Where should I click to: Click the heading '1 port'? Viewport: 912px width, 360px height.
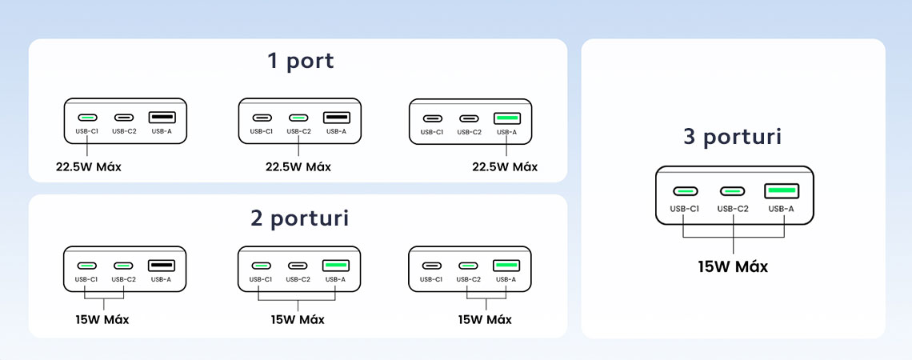tap(301, 61)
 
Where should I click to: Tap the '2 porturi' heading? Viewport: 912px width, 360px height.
tap(299, 218)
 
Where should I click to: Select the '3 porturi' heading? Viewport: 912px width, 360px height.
tap(732, 137)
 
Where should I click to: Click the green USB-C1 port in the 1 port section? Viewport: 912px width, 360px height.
tap(87, 118)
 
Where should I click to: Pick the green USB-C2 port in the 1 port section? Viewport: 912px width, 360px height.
tap(298, 118)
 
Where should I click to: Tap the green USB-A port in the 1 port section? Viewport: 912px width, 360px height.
tap(506, 118)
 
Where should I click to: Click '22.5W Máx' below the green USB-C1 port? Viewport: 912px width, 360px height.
tap(89, 167)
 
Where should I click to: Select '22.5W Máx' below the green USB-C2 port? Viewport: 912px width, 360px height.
tap(298, 167)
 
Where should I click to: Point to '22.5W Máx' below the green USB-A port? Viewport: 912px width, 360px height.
tap(505, 167)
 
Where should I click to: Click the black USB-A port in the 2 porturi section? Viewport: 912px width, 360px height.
tap(161, 266)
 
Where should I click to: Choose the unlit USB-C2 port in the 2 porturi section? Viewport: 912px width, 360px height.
tap(298, 266)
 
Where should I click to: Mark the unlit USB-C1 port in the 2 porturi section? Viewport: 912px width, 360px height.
tap(431, 266)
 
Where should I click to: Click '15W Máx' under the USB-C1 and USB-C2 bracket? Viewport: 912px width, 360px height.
tap(102, 320)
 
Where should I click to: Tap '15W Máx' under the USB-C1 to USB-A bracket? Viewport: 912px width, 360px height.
tap(298, 320)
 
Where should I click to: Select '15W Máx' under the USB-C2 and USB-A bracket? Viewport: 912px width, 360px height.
tap(485, 320)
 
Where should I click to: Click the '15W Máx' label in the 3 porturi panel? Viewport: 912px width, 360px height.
tap(733, 267)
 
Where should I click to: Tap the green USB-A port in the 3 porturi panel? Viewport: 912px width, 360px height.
tap(782, 191)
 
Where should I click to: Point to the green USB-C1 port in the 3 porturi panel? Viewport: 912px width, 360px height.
tap(685, 191)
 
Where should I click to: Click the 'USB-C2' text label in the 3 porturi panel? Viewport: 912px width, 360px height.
tap(732, 209)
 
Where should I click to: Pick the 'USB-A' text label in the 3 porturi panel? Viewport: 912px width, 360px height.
tap(780, 209)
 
